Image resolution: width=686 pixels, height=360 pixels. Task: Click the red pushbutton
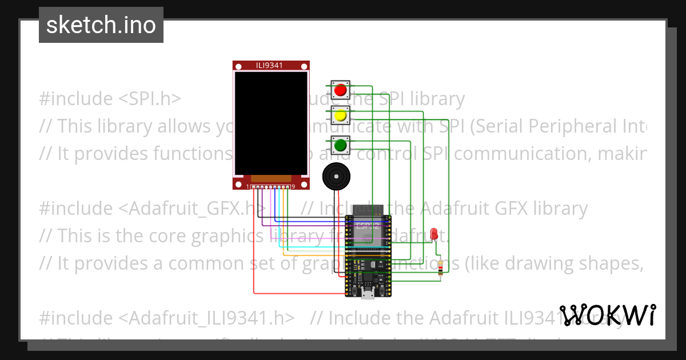click(341, 90)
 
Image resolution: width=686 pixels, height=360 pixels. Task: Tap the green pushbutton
click(341, 145)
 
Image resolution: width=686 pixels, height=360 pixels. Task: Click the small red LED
click(434, 234)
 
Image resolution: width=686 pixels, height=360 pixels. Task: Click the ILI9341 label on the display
click(272, 66)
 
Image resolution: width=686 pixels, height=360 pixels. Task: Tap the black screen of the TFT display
click(270, 123)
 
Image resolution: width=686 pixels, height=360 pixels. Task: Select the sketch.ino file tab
click(101, 25)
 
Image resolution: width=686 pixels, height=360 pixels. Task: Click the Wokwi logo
click(607, 315)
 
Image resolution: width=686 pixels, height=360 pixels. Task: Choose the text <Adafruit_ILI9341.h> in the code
click(207, 318)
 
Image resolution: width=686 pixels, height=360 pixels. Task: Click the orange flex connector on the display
click(271, 179)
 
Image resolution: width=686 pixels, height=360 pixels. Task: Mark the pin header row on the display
click(271, 187)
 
